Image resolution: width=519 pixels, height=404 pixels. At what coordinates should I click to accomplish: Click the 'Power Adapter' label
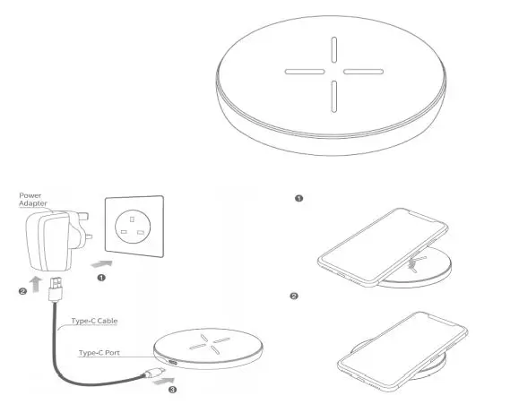pyautogui.click(x=33, y=197)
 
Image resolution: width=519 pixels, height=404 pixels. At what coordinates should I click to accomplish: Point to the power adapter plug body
pyautogui.click(x=45, y=236)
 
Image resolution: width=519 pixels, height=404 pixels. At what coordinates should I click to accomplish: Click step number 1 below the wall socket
pyautogui.click(x=102, y=278)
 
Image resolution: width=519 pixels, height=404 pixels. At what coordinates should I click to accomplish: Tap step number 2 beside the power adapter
pyautogui.click(x=22, y=291)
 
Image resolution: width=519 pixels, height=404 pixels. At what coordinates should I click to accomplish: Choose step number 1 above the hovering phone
pyautogui.click(x=299, y=197)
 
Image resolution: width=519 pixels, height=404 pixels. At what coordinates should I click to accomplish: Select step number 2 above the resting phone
pyautogui.click(x=294, y=296)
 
